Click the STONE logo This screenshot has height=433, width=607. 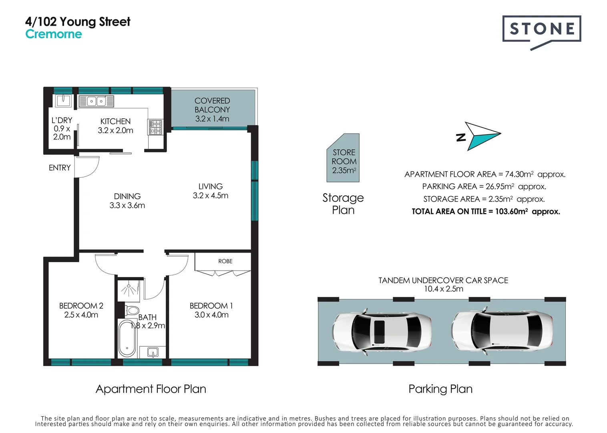(x=541, y=29)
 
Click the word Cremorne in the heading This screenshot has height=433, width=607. (x=53, y=34)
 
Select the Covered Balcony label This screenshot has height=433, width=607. (x=212, y=105)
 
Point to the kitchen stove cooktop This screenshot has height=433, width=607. (x=155, y=127)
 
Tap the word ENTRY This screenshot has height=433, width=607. (x=60, y=168)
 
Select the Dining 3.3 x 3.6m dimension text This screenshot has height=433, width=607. (x=127, y=205)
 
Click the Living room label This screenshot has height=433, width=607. (x=210, y=186)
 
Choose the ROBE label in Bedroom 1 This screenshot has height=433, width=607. (x=225, y=261)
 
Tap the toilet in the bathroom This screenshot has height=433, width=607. (x=131, y=310)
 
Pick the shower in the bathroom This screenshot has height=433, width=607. (x=128, y=289)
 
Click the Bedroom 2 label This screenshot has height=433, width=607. (x=81, y=306)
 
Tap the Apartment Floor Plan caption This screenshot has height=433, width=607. (x=151, y=389)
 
